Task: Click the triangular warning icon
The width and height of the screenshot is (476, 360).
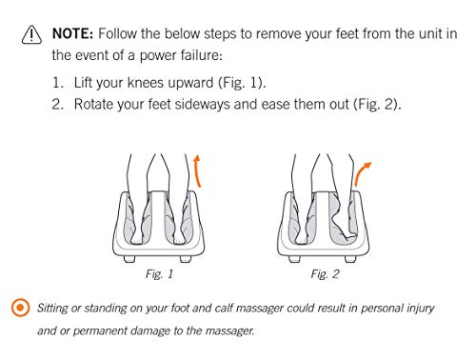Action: tap(31, 34)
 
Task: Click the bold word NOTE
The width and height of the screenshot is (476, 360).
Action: tap(72, 33)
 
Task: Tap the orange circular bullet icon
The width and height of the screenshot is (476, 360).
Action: tap(20, 308)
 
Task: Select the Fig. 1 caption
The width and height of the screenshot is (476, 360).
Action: tap(159, 273)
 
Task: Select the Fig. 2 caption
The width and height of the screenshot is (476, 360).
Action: tap(325, 273)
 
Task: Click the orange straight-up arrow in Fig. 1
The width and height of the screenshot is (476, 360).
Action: tap(197, 170)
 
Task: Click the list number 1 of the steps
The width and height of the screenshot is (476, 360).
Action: tap(58, 83)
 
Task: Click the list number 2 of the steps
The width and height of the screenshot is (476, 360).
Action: tap(58, 104)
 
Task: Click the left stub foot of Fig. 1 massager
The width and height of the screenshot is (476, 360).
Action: tap(129, 259)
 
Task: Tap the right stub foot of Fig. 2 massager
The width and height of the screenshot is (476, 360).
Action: tap(350, 259)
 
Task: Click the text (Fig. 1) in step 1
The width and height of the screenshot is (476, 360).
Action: tap(242, 83)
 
